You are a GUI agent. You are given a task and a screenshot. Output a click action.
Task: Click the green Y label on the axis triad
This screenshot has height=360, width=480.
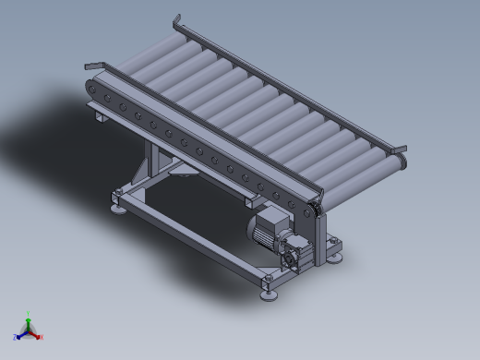[x=29, y=314]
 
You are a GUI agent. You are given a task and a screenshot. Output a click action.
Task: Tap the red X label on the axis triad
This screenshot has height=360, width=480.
[x=42, y=337]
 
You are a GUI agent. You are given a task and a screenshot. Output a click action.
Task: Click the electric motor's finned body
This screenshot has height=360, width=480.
[x=273, y=227]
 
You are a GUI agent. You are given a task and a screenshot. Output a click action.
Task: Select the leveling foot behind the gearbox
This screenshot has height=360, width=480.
[x=335, y=257]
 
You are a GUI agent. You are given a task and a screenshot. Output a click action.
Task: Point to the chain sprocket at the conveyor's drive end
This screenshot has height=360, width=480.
[x=317, y=214]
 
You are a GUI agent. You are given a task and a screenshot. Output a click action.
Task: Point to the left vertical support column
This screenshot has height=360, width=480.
[x=153, y=162]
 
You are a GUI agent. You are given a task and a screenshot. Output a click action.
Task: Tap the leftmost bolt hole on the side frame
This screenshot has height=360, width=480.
[x=92, y=89]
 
